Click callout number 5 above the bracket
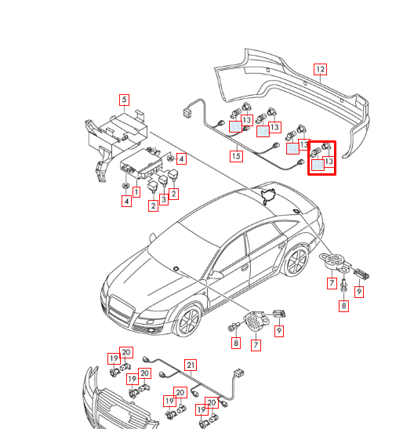(x=123, y=100)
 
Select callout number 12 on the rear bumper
(x=320, y=70)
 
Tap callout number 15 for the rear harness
(x=236, y=156)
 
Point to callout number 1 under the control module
(x=136, y=191)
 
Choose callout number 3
(x=164, y=200)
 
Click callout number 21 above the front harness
(x=190, y=365)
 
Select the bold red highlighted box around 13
(x=321, y=158)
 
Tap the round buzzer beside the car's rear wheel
(x=336, y=261)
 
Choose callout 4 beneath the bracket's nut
(x=126, y=202)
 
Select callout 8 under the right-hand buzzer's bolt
(x=343, y=306)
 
